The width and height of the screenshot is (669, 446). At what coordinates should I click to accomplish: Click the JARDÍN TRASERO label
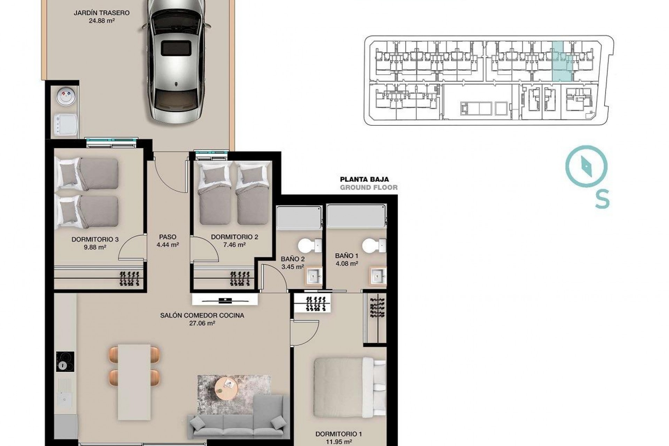[x=101, y=13]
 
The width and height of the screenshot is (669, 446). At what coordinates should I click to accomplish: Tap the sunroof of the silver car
[x=176, y=48]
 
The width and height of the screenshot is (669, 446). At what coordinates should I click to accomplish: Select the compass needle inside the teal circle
[x=586, y=167]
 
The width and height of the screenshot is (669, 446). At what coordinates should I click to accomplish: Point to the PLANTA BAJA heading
[x=364, y=179]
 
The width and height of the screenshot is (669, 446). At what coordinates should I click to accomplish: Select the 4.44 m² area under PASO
[x=168, y=245]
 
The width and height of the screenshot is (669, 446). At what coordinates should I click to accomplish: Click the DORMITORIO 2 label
[x=234, y=237]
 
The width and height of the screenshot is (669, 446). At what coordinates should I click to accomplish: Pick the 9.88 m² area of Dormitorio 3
[x=95, y=247]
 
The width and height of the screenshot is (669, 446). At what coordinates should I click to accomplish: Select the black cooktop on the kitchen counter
[x=65, y=361]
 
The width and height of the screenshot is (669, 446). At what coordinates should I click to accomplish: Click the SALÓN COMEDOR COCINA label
[x=202, y=315]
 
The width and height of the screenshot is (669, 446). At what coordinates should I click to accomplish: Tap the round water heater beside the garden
[x=66, y=97]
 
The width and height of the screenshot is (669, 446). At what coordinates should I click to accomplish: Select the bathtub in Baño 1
[x=356, y=216]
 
